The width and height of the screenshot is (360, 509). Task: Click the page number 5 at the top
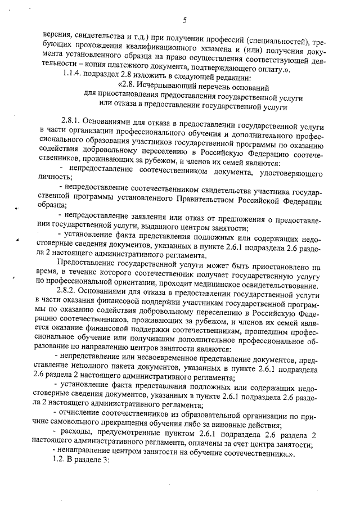pos(184,21)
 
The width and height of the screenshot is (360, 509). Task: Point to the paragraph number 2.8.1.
pos(73,121)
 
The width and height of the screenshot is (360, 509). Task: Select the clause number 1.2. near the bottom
pos(60,460)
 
